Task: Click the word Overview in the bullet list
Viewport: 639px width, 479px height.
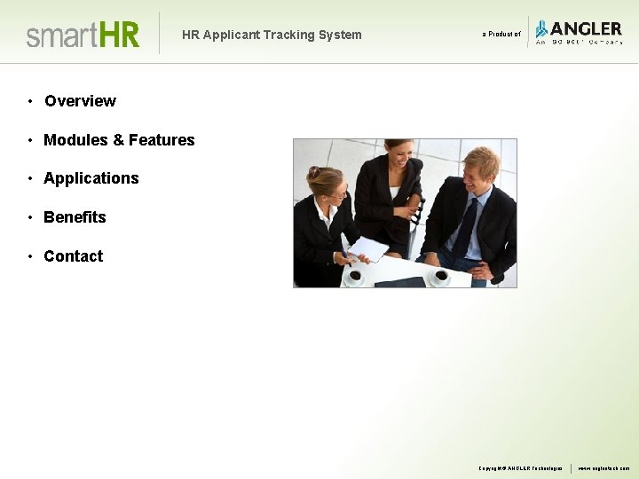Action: (x=80, y=101)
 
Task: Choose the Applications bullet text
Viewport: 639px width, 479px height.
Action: (x=91, y=178)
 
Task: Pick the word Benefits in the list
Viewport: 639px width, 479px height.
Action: (x=75, y=217)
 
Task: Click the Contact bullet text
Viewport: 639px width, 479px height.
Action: (x=74, y=256)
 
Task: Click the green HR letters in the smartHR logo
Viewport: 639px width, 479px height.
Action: (x=119, y=35)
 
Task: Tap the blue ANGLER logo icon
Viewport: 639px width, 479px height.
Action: (x=540, y=29)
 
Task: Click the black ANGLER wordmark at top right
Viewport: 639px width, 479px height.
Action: (x=586, y=27)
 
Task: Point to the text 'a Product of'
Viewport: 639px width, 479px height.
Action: (x=501, y=35)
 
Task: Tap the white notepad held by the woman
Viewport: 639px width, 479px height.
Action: (x=367, y=248)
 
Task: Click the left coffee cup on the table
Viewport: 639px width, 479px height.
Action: (x=355, y=276)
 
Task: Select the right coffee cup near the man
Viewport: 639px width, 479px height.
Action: (x=439, y=276)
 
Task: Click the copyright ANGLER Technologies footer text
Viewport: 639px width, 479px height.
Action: (x=520, y=467)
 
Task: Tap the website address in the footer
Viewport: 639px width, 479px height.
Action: (x=603, y=467)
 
